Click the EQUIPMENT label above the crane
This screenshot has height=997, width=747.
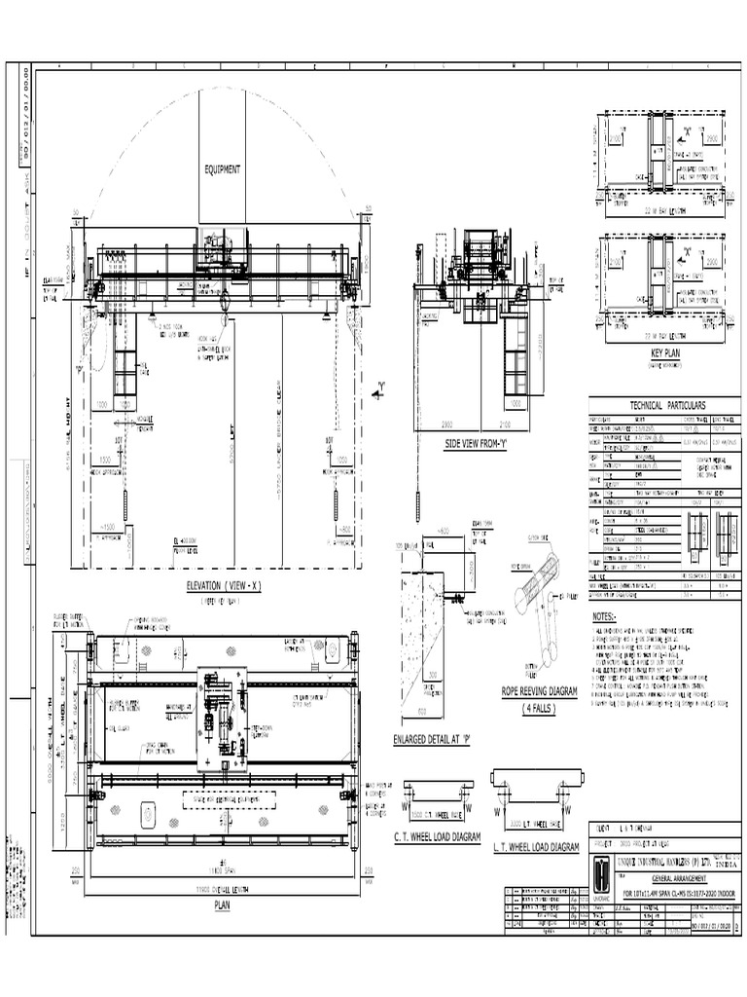click(222, 169)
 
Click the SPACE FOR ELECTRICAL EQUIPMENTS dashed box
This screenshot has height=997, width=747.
click(228, 800)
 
